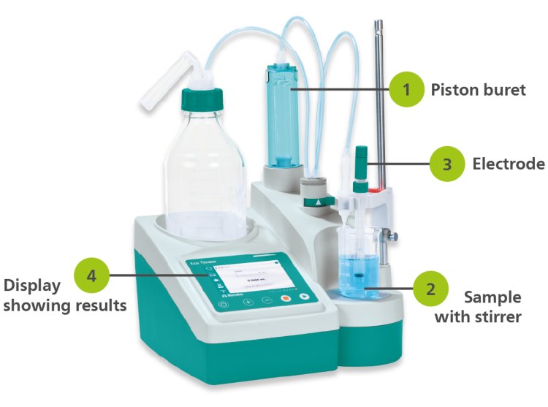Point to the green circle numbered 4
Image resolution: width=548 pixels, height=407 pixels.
(x=91, y=275)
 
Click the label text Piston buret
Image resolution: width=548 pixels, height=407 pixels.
(x=478, y=91)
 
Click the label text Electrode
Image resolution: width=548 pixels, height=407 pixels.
(x=508, y=164)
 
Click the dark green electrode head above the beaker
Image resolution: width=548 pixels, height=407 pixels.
(x=362, y=157)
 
